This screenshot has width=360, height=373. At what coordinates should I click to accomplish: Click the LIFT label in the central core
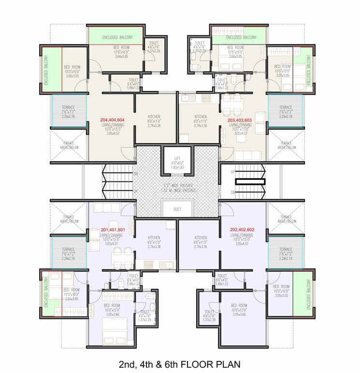pyautogui.click(x=177, y=158)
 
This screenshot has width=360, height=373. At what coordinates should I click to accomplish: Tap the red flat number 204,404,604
pyautogui.click(x=112, y=119)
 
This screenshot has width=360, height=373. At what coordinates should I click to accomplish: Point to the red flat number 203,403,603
pyautogui.click(x=241, y=119)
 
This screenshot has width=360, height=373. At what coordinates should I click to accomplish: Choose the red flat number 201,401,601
pyautogui.click(x=113, y=229)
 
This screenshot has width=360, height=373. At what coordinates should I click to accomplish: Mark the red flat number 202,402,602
pyautogui.click(x=240, y=230)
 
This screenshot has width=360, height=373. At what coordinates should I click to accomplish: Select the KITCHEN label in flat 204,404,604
pyautogui.click(x=154, y=117)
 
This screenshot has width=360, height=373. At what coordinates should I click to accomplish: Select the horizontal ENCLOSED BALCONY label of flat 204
pyautogui.click(x=115, y=37)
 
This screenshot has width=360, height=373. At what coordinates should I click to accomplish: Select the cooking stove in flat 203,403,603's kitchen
pyautogui.click(x=206, y=98)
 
